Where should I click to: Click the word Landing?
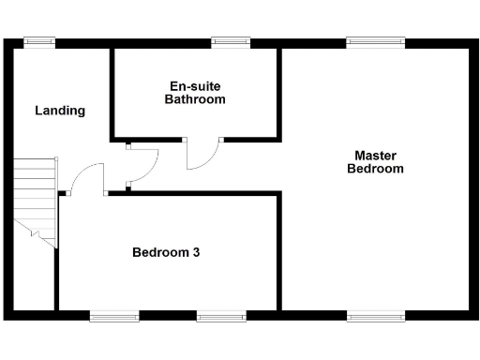pyautogui.click(x=60, y=111)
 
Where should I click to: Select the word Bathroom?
pyautogui.click(x=195, y=98)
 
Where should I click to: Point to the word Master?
pyautogui.click(x=375, y=156)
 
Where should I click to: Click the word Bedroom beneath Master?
pyautogui.click(x=375, y=170)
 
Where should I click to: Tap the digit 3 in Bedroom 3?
pyautogui.click(x=196, y=252)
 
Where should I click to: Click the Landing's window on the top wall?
pyautogui.click(x=38, y=41)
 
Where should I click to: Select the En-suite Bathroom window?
pyautogui.click(x=231, y=41)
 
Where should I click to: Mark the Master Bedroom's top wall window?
pyautogui.click(x=375, y=41)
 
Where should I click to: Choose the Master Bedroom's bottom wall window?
pyautogui.click(x=375, y=315)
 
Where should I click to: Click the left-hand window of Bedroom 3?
pyautogui.click(x=114, y=315)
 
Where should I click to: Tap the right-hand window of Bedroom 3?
pyautogui.click(x=221, y=315)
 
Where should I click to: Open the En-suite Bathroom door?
pyautogui.click(x=203, y=156)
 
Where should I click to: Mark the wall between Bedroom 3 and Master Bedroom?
pyautogui.click(x=279, y=248)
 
